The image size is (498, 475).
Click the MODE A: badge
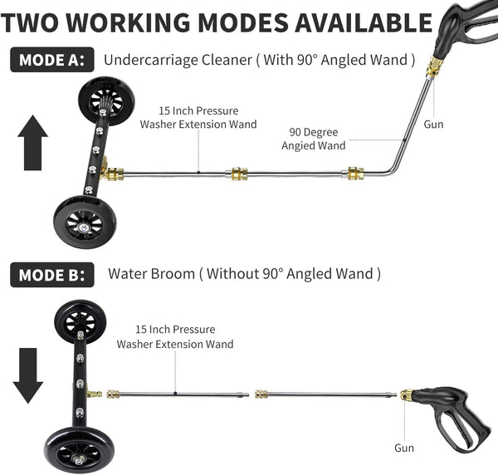click(52, 60)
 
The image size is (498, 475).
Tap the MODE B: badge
click(52, 275)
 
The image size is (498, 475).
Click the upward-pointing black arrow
click(32, 143)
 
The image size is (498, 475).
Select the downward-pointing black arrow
click(28, 375)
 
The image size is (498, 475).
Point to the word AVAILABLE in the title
click(364, 23)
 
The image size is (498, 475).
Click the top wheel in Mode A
click(106, 101)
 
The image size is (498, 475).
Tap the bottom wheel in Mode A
click(85, 223)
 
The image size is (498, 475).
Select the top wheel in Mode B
click(81, 321)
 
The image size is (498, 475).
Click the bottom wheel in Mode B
click(80, 451)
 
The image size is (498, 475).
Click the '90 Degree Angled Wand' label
click(314, 139)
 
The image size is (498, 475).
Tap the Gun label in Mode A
click(433, 125)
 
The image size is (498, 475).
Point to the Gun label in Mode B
click(404, 448)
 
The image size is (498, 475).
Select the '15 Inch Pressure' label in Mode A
click(198, 110)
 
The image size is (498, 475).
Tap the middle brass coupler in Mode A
click(239, 174)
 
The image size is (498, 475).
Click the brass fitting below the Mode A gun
click(433, 66)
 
